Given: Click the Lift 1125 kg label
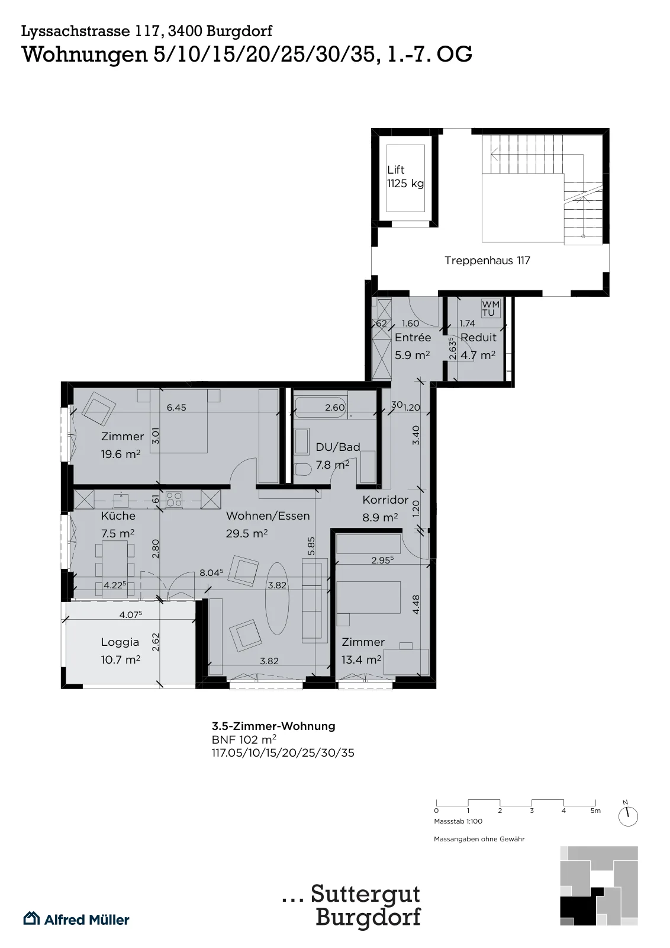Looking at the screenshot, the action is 405,177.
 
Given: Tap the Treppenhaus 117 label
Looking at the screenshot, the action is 487,260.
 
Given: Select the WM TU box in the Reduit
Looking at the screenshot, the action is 490,309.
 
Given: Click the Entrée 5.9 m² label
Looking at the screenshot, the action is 413,346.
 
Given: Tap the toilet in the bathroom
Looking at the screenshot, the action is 302,469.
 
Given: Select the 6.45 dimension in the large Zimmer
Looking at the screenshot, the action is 176,408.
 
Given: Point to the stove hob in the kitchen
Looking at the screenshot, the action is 174,498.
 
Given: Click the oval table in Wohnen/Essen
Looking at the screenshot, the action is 277,598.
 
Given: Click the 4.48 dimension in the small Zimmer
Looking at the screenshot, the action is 416,605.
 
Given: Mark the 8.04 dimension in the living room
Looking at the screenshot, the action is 211,573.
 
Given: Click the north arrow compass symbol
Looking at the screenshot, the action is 628,815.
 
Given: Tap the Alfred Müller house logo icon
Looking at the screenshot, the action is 31,919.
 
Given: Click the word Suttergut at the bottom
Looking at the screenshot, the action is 366,894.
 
